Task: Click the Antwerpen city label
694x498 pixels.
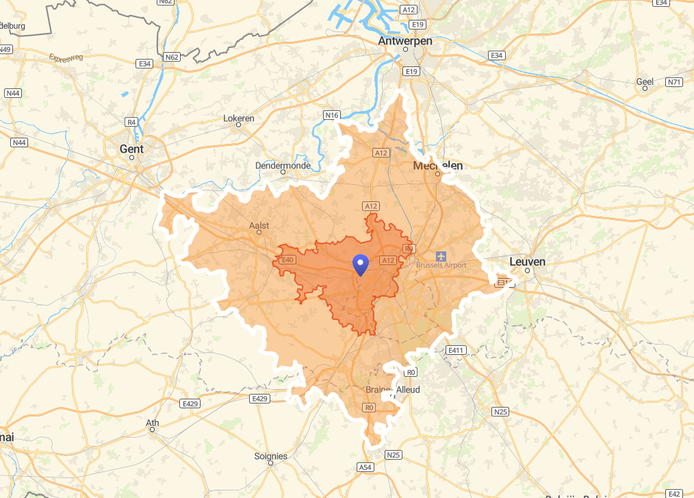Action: [405, 42]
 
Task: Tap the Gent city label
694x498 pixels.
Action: [131, 149]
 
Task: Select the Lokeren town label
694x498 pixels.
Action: [239, 119]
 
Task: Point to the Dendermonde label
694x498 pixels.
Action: [283, 166]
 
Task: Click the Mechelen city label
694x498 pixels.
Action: [438, 166]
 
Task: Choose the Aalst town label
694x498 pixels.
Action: [259, 225]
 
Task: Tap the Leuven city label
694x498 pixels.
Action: [527, 262]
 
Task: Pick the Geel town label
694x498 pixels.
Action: [645, 82]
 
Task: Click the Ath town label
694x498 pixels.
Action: [153, 423]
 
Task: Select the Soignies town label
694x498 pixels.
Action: [271, 456]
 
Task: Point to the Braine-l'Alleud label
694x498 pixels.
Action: [393, 390]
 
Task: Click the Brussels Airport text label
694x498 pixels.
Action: [441, 265]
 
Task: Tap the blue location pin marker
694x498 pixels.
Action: [360, 264]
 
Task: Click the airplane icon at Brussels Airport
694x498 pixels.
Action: [441, 256]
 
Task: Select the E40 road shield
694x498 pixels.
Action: [287, 260]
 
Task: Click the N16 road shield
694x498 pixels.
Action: [332, 115]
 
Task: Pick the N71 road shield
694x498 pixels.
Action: [674, 82]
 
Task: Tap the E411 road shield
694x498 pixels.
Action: [455, 350]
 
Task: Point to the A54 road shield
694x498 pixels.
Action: [365, 466]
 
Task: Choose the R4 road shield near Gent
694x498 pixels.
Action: [131, 121]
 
